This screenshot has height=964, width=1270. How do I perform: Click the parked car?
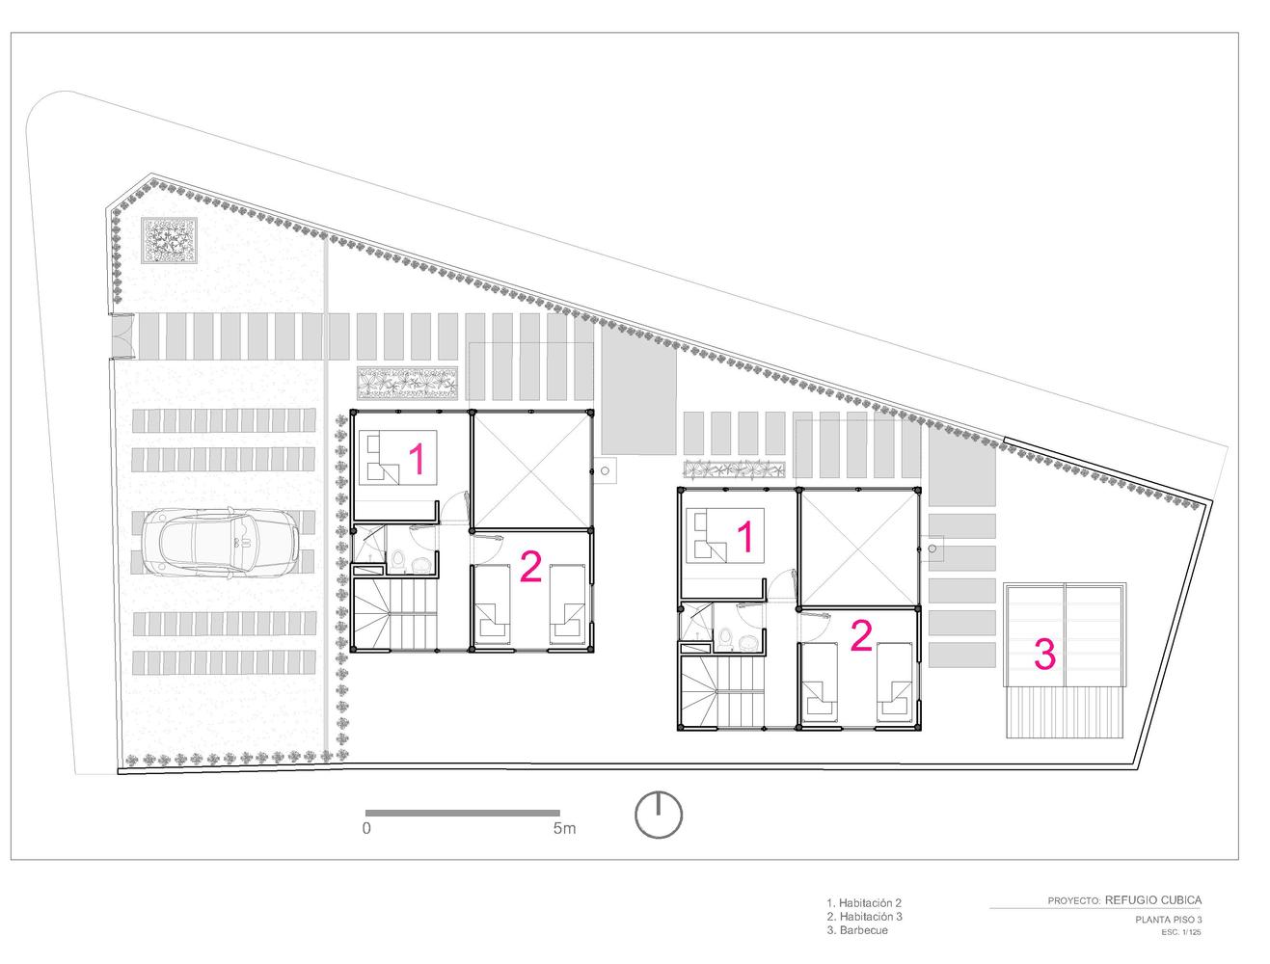(x=221, y=542)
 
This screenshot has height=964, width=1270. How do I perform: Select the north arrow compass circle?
(x=659, y=815)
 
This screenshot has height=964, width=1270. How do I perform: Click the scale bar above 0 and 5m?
(x=462, y=813)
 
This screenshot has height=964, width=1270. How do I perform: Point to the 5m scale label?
(x=564, y=828)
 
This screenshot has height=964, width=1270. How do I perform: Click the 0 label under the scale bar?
(x=366, y=828)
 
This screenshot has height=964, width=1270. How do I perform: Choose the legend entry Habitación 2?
(x=864, y=902)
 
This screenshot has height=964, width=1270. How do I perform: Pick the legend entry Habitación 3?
(x=864, y=917)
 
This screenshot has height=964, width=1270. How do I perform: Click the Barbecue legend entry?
(x=857, y=930)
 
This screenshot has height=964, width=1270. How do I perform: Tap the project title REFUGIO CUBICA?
(x=1153, y=899)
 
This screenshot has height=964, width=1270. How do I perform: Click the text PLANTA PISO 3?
(x=1168, y=920)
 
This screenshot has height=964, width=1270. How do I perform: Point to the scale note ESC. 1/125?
(x=1181, y=932)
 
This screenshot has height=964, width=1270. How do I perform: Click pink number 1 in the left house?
(x=417, y=459)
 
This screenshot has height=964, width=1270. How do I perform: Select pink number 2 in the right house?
(x=861, y=635)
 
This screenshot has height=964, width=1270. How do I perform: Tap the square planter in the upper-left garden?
(x=170, y=241)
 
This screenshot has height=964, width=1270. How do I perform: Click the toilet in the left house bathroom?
(x=397, y=559)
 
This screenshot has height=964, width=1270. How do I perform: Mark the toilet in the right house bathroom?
(x=725, y=638)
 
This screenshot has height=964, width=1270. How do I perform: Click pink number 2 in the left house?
(x=530, y=566)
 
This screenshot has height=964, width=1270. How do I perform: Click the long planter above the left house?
(x=407, y=383)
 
